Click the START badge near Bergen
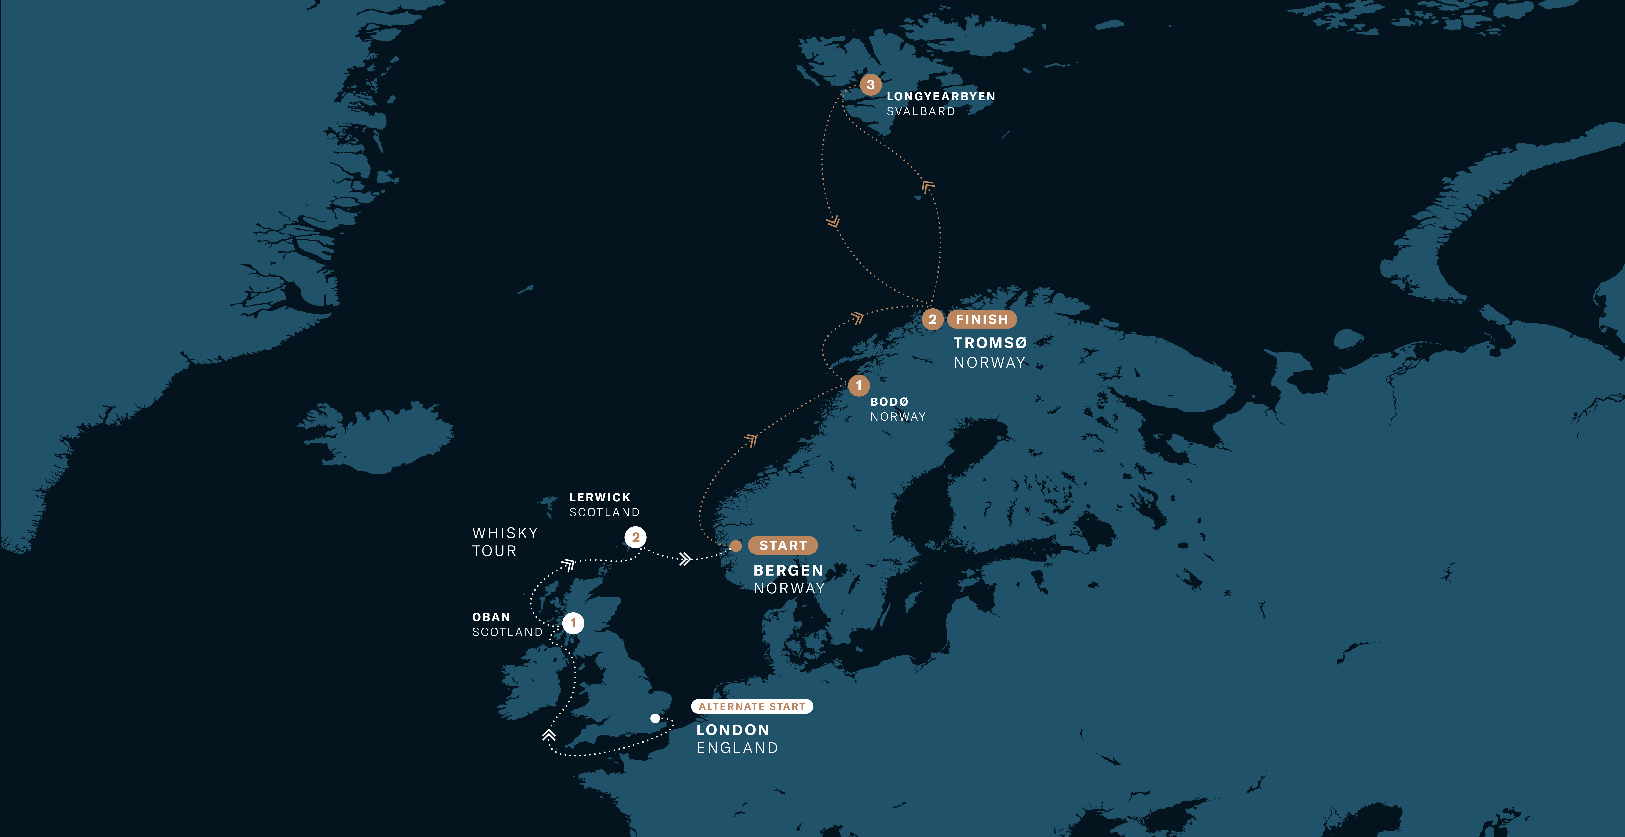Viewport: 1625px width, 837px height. click(783, 546)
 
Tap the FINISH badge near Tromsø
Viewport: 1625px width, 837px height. click(982, 320)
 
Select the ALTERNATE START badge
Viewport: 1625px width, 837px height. click(752, 706)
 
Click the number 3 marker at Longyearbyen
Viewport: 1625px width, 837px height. click(871, 85)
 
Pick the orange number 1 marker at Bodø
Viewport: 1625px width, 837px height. click(859, 385)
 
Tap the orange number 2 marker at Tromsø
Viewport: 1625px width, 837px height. click(932, 320)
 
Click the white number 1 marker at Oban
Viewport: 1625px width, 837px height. click(573, 623)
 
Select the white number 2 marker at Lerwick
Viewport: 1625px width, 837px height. click(635, 537)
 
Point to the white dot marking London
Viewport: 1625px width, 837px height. click(656, 718)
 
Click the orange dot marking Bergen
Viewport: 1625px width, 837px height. click(735, 546)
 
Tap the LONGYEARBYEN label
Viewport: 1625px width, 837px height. click(941, 97)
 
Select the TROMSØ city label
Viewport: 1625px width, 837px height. click(990, 343)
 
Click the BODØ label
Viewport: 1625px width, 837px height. click(889, 402)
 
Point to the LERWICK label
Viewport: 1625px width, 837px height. click(599, 498)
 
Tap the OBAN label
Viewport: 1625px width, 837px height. click(491, 617)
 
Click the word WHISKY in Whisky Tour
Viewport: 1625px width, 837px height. click(505, 533)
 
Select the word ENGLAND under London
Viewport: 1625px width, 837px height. click(737, 748)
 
